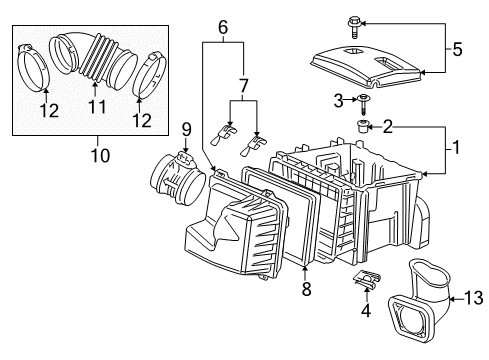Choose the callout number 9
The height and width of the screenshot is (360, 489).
point(186,126)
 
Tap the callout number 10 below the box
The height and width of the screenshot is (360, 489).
point(98,156)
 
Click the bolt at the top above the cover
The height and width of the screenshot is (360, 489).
point(352,18)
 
